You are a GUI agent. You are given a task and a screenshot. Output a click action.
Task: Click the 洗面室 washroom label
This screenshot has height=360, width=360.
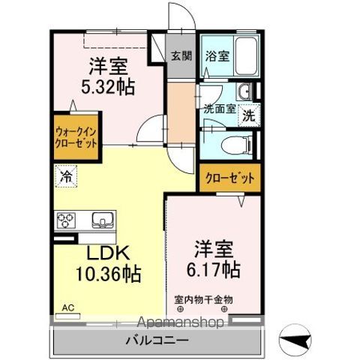pos(219,108)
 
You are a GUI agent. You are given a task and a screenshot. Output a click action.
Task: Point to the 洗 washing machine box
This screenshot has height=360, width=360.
pos(250,116)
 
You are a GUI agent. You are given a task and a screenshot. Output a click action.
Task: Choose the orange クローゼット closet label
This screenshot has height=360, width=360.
pos(230,179)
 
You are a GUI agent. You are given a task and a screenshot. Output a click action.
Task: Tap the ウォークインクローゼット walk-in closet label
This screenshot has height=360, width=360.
pos(75,136)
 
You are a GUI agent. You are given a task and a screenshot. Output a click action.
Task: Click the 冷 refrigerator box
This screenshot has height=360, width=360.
pos(66,178)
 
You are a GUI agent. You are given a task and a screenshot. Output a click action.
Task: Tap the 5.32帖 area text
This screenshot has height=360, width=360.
pos(108,87)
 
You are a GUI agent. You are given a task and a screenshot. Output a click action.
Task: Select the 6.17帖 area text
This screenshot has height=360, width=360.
pos(214,268)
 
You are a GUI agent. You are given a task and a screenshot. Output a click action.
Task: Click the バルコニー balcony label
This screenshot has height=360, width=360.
pos(157,340)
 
